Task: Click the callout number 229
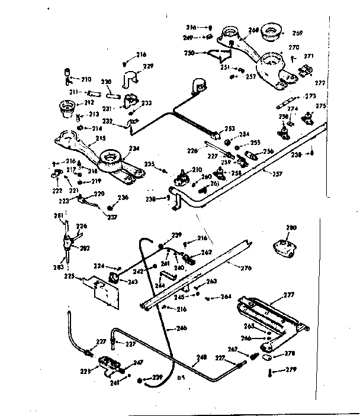click(149, 66)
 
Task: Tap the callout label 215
click(101, 137)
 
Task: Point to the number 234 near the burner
click(135, 149)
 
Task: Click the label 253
click(230, 128)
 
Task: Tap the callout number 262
click(206, 251)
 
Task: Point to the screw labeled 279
click(269, 372)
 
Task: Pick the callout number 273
click(310, 95)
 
